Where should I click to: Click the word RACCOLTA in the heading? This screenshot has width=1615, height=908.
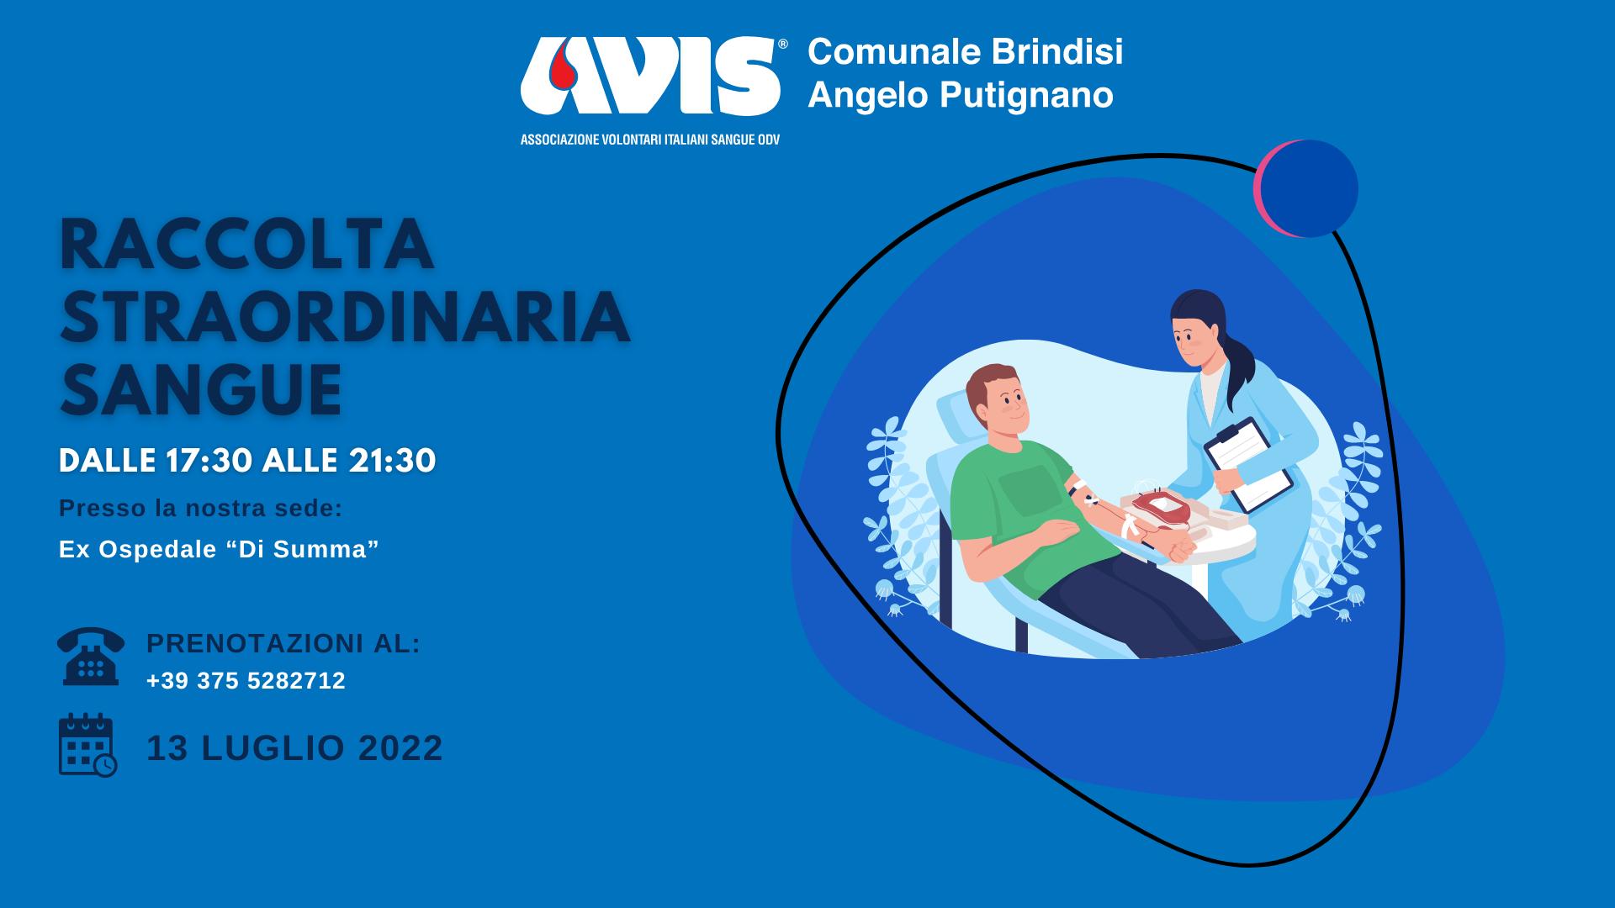pos(246,244)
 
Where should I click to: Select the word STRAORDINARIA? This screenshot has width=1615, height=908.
pos(345,317)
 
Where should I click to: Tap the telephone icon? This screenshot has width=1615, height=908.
pos(91,656)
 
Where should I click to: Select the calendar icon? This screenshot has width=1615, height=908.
pos(87,745)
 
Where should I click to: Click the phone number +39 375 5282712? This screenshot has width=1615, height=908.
pos(246,680)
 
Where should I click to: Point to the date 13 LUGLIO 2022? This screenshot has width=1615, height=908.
pos(294,747)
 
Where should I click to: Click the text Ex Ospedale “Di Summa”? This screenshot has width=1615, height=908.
pos(219,549)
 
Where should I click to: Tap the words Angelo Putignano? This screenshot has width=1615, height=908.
pos(961,94)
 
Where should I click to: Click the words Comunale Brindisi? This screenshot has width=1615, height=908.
pos(966,51)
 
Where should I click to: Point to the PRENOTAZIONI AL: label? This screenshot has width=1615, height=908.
pos(283,643)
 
